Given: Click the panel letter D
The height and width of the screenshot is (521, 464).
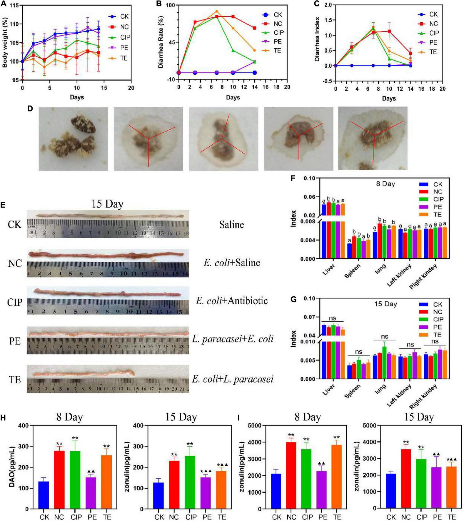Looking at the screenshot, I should coord(30,108).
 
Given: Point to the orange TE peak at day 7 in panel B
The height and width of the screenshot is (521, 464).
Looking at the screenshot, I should coord(216,11).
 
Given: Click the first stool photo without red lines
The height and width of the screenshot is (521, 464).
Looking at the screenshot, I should coord(73,138).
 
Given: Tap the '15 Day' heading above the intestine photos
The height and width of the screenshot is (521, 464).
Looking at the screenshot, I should coord(107,204).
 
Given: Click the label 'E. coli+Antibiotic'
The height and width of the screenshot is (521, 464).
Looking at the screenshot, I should coord(232,300).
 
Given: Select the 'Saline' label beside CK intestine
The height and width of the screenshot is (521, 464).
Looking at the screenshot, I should coord(231,225).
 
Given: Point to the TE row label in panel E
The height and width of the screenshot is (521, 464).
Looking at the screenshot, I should coord(15,380).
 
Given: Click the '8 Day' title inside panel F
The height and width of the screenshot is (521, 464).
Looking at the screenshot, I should coord(385,184).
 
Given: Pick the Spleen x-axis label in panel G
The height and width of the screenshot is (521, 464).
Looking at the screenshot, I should coord(353,391).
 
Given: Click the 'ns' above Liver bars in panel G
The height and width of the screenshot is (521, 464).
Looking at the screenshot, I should coord(332,318).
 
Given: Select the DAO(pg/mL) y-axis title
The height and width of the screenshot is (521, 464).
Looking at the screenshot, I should coord(12,467).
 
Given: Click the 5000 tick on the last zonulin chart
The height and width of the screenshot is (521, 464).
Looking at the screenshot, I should coord(369,425).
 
